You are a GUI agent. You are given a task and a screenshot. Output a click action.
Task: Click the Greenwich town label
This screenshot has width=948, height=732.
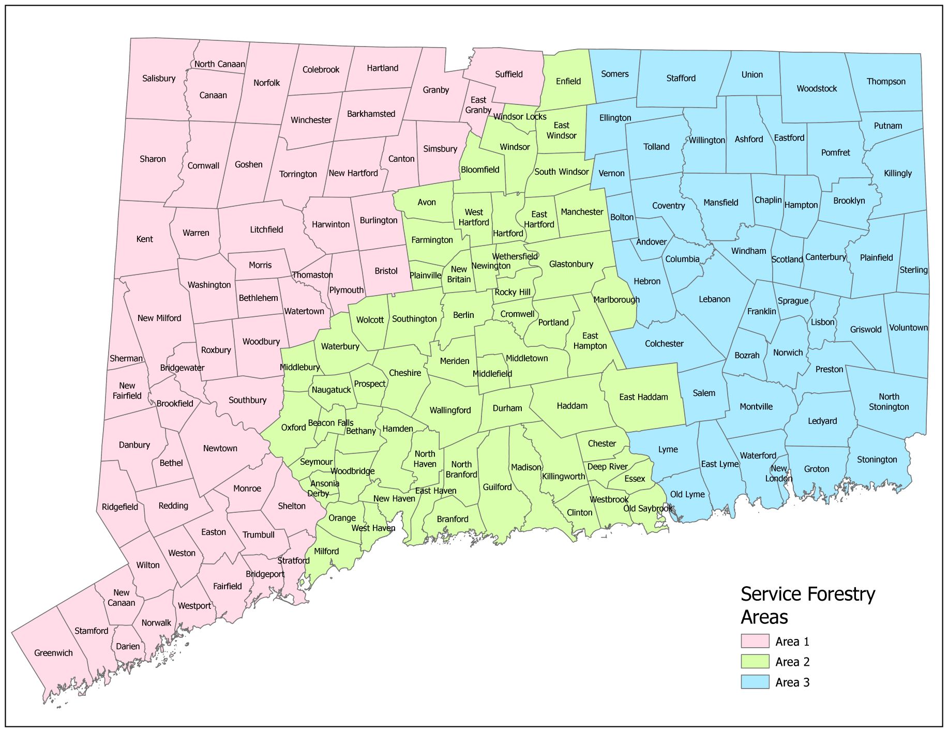[x=53, y=653]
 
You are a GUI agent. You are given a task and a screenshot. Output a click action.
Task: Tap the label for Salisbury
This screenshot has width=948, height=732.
[x=159, y=78]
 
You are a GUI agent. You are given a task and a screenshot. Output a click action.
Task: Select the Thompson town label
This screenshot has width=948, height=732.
[x=886, y=81]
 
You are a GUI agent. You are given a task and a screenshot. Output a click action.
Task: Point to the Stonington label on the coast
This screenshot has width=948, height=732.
[x=877, y=459]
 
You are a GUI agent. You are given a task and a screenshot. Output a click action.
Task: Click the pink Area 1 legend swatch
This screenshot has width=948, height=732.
[x=755, y=641]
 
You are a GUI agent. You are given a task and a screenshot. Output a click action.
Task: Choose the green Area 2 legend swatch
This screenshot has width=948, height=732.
[x=755, y=662]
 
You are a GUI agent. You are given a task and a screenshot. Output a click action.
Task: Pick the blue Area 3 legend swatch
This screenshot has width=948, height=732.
[x=755, y=682]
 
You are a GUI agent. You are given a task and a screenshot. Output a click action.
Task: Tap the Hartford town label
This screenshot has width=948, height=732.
[x=508, y=233]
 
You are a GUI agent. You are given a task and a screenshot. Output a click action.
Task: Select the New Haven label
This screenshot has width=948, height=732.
[x=394, y=498]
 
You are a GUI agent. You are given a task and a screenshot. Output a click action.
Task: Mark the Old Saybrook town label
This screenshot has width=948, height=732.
[x=647, y=508]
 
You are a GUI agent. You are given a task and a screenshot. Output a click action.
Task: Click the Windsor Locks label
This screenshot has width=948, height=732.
[x=519, y=116]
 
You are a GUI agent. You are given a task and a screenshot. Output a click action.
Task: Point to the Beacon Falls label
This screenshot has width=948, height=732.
[x=330, y=422]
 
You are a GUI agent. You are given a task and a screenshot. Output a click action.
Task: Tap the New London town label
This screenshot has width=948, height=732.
[x=778, y=473]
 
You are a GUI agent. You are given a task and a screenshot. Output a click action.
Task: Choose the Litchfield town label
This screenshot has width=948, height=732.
[x=266, y=229]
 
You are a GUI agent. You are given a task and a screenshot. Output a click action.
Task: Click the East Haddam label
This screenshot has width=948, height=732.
[x=643, y=396]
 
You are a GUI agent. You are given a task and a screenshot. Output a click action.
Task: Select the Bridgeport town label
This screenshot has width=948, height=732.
[x=265, y=574]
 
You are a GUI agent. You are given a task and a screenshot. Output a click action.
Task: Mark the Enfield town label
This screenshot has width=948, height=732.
[x=568, y=81]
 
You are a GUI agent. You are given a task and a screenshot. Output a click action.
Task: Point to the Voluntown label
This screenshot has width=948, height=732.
[x=908, y=327]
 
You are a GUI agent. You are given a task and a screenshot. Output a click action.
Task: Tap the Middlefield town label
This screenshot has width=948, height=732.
[x=492, y=373]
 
